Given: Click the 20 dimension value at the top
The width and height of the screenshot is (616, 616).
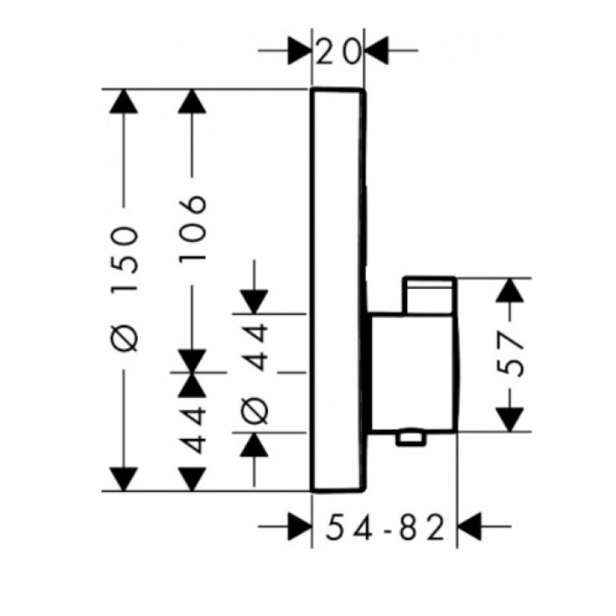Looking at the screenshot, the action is pos(338,51).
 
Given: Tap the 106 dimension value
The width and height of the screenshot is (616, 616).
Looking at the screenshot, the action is pos(192,228).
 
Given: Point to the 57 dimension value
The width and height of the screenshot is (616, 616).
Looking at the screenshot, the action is pos(510,353).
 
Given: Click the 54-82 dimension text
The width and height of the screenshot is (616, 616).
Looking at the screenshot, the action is pos(385,527).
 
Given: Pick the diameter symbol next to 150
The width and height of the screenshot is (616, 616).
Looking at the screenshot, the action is pos(125,338).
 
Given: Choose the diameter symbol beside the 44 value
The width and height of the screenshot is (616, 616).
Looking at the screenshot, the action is pos(254,410).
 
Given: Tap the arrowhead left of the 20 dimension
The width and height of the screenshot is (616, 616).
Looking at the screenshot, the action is pos(300,51).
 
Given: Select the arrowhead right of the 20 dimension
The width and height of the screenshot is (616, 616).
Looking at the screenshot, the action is pos(377,51).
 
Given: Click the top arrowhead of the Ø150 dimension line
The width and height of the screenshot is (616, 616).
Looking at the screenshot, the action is pos(124,102).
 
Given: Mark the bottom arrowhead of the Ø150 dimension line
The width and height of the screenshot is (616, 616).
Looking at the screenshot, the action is pos(124,479).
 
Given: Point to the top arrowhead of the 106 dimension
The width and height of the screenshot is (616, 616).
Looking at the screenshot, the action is pos(192,102).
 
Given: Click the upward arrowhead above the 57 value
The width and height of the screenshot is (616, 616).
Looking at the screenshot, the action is pos(510,290).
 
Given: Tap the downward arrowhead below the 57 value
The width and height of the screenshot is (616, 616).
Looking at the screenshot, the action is pos(510,420).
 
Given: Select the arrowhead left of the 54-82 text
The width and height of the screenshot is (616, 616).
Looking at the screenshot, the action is pos(300,526).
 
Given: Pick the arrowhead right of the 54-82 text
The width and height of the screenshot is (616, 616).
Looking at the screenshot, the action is pos(470,526).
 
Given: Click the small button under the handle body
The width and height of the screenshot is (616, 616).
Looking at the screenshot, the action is pos(411,438).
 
